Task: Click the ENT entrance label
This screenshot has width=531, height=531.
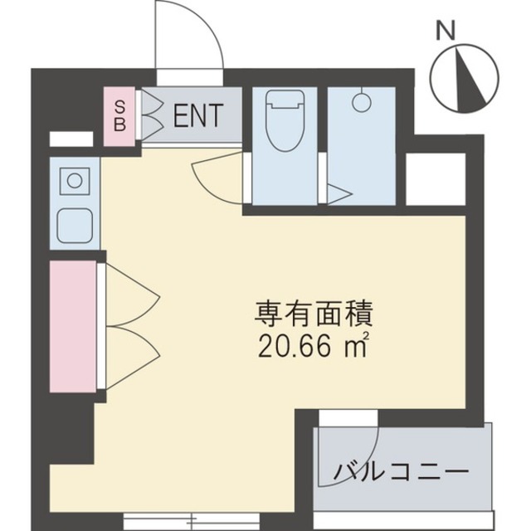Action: pyautogui.click(x=197, y=115)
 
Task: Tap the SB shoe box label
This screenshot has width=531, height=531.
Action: pyautogui.click(x=119, y=115)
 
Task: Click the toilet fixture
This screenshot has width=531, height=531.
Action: pyautogui.click(x=282, y=120)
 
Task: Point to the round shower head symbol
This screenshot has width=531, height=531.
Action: pyautogui.click(x=360, y=103)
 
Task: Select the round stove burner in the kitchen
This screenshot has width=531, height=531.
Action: pyautogui.click(x=74, y=180)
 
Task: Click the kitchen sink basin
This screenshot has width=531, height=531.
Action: pyautogui.click(x=73, y=221)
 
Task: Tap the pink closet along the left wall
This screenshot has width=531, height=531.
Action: pyautogui.click(x=72, y=325)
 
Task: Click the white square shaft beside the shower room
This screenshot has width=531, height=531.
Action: pyautogui.click(x=435, y=178)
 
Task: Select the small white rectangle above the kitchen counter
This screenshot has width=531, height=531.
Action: pyautogui.click(x=71, y=139)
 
